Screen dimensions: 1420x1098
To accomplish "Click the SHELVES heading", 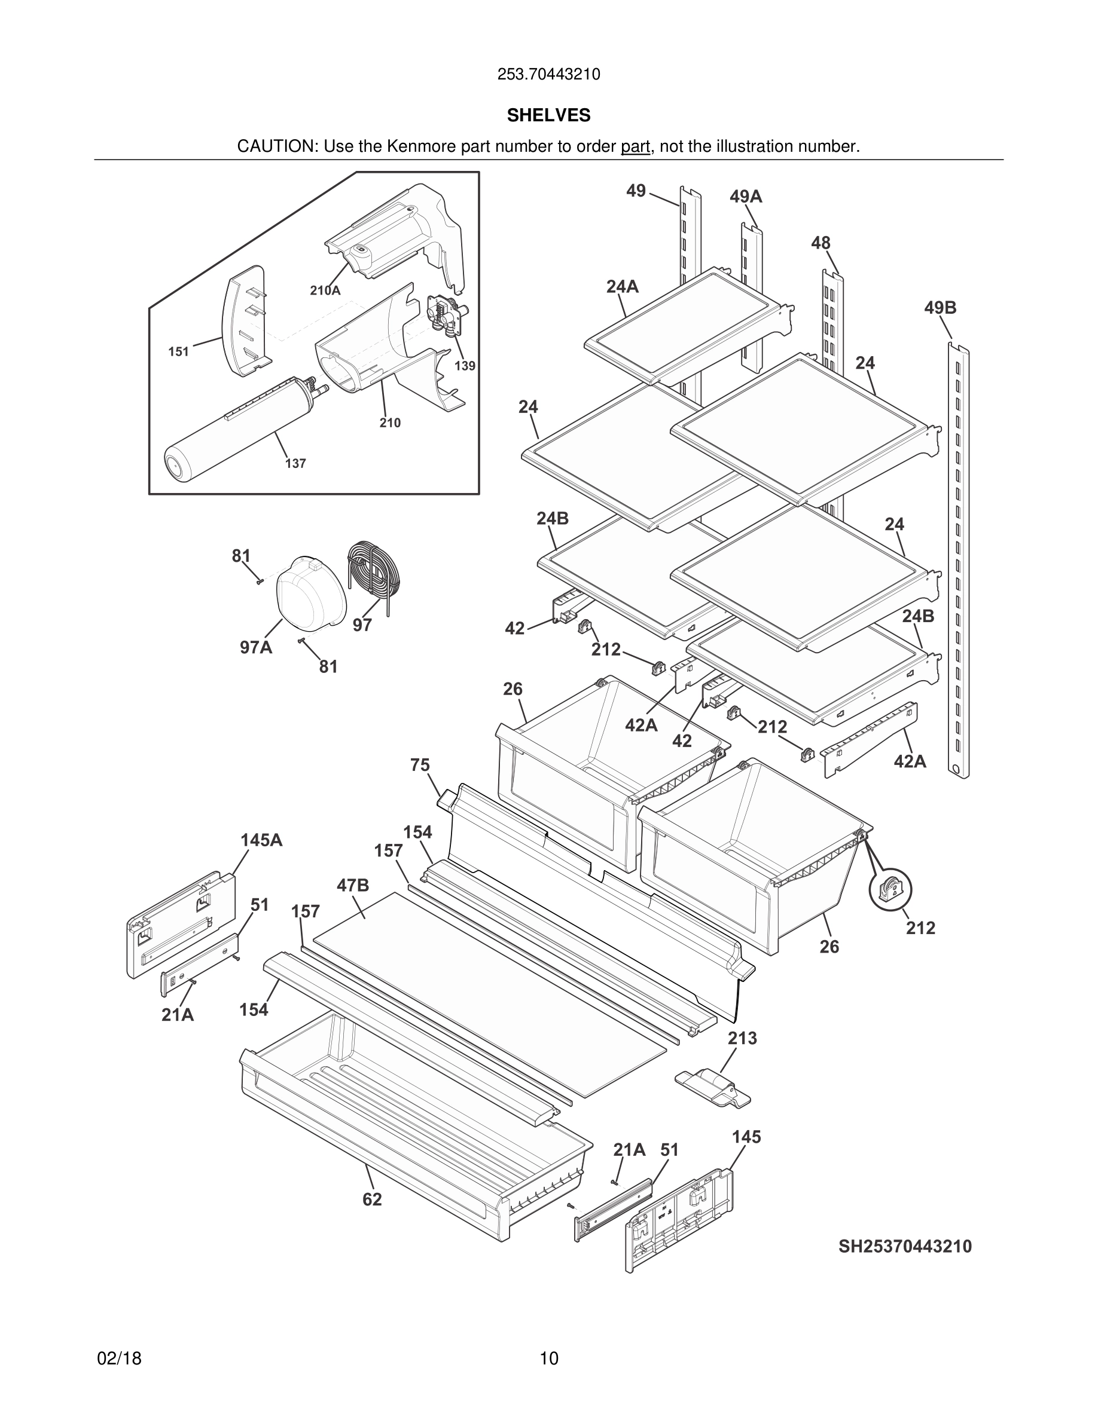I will (x=548, y=115).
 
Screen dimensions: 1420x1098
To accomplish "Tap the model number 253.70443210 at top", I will (x=548, y=75).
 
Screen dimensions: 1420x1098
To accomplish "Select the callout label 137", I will (x=295, y=464).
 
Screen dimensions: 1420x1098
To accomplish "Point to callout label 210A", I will (x=325, y=290).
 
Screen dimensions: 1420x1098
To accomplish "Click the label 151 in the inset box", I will (x=178, y=352).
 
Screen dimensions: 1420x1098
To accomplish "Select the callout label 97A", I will (x=255, y=648).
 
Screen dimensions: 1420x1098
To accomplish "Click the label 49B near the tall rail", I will (x=940, y=308).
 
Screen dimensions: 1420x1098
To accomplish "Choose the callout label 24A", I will (x=622, y=286).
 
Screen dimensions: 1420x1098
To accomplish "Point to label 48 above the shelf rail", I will (x=821, y=243).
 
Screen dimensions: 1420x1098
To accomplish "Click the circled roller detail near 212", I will (x=890, y=890).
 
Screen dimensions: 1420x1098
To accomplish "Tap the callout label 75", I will (x=420, y=765).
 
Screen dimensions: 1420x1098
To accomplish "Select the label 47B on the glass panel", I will (x=353, y=885).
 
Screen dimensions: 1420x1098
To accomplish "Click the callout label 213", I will (x=742, y=1038).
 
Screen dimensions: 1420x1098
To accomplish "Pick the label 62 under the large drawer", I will (x=372, y=1199).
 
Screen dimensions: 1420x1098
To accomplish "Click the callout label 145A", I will (x=261, y=840).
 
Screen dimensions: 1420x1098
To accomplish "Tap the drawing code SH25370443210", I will (x=905, y=1247).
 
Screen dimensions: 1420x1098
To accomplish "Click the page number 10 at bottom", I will (x=548, y=1358).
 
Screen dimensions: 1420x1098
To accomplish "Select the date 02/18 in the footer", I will (x=119, y=1358).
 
